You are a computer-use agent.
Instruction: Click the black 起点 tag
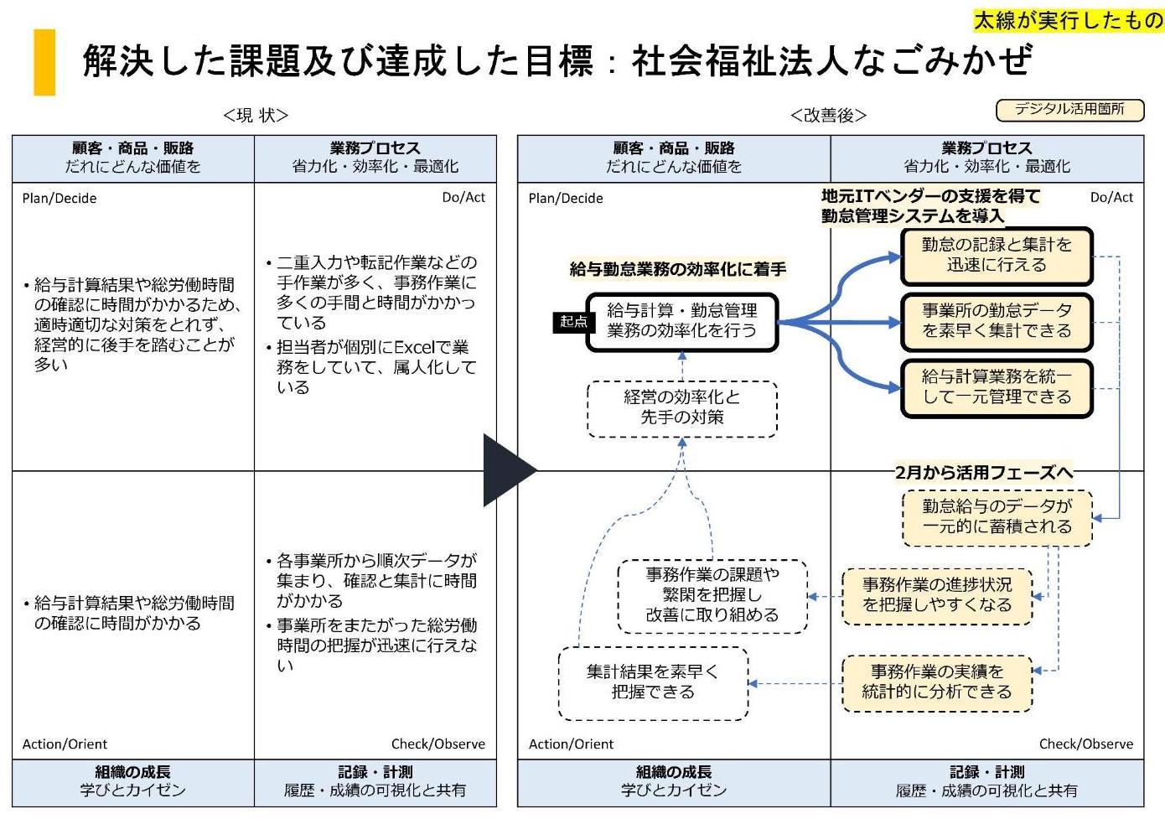point(573,321)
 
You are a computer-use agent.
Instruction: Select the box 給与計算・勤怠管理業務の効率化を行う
point(681,321)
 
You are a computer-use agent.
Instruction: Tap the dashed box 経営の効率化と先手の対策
point(681,407)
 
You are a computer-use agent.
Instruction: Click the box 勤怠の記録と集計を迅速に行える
point(997,255)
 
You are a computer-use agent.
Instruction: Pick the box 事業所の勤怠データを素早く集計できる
point(997,321)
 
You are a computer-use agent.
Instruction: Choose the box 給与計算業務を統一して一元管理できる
point(997,387)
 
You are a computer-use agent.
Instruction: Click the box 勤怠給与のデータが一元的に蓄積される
point(997,516)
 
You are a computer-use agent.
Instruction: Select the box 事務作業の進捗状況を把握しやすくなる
point(936,595)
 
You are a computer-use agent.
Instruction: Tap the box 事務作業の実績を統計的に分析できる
point(936,682)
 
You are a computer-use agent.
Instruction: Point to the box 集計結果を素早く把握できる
point(653,682)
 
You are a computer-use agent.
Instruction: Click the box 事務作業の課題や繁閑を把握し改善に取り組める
point(712,595)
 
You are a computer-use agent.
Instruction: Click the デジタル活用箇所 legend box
point(1069,109)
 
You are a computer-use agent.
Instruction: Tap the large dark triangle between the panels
point(505,470)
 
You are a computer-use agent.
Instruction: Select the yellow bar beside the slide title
point(44,62)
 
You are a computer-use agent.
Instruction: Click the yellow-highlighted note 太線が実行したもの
point(1069,19)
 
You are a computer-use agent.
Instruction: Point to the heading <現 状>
point(256,115)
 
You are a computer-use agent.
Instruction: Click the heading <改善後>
point(828,115)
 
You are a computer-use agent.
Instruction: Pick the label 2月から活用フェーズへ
point(983,473)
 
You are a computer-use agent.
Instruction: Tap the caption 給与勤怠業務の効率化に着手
point(677,269)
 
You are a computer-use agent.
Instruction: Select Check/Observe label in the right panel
point(1085,744)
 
